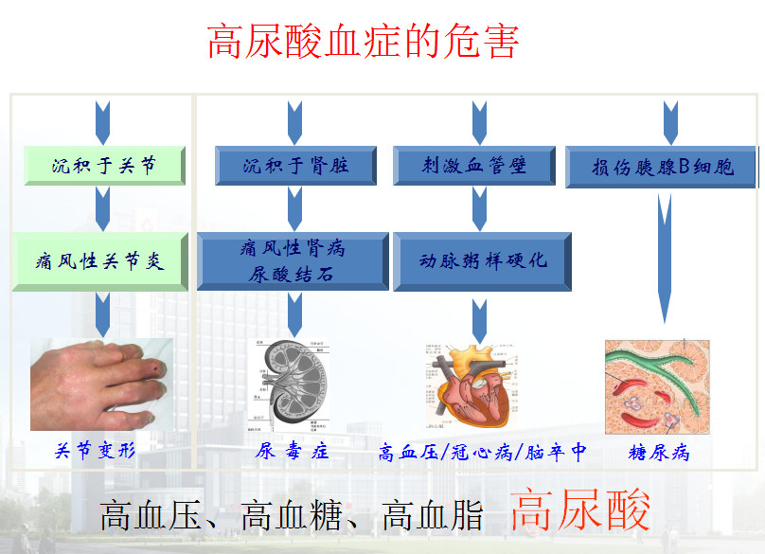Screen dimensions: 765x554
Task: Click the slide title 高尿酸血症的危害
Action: (364, 43)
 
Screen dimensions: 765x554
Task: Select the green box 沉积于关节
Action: (104, 166)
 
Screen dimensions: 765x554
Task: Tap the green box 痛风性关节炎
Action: (104, 261)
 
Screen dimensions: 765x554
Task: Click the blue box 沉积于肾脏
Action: (295, 166)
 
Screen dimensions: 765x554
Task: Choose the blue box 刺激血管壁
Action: (474, 166)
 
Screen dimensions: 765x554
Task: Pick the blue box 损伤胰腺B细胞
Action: (662, 167)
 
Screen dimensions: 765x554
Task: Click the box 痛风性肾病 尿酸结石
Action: (293, 261)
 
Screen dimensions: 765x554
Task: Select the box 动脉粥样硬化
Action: (483, 261)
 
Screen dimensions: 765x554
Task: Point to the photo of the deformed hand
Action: (101, 384)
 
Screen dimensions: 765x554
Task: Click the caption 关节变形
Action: (96, 451)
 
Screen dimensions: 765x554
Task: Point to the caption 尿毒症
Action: (293, 452)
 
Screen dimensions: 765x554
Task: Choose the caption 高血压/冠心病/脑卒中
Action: (481, 453)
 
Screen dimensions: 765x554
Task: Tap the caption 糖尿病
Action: (659, 453)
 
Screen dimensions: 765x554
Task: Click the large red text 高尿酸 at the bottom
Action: (581, 511)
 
